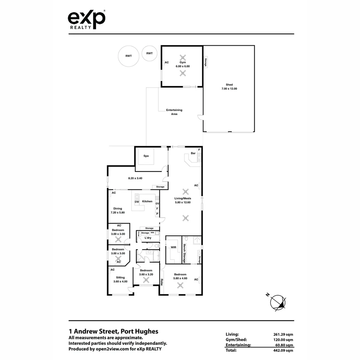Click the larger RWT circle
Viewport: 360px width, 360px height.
click(x=128, y=56)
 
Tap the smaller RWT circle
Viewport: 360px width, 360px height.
click(x=149, y=53)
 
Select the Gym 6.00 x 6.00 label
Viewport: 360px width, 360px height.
click(x=183, y=64)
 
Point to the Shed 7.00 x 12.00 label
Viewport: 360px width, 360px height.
click(x=229, y=87)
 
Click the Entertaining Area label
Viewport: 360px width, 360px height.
click(x=174, y=112)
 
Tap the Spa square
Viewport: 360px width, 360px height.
click(x=146, y=156)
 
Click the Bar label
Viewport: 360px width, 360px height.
click(x=193, y=153)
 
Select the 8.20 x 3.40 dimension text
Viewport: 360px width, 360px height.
click(x=135, y=178)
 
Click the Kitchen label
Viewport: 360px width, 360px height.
click(x=147, y=201)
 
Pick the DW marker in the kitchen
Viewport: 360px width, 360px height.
click(x=137, y=202)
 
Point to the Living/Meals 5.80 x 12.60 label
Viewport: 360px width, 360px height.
click(x=183, y=200)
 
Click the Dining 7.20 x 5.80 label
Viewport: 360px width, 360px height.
click(x=117, y=211)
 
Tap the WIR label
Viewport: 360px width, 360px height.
click(x=173, y=248)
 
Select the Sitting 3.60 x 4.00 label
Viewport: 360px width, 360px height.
click(x=120, y=279)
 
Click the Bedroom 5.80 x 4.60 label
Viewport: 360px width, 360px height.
click(x=180, y=276)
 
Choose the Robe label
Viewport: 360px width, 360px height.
click(x=162, y=282)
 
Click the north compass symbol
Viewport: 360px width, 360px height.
click(x=278, y=303)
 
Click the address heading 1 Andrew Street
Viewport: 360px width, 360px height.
click(x=113, y=331)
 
